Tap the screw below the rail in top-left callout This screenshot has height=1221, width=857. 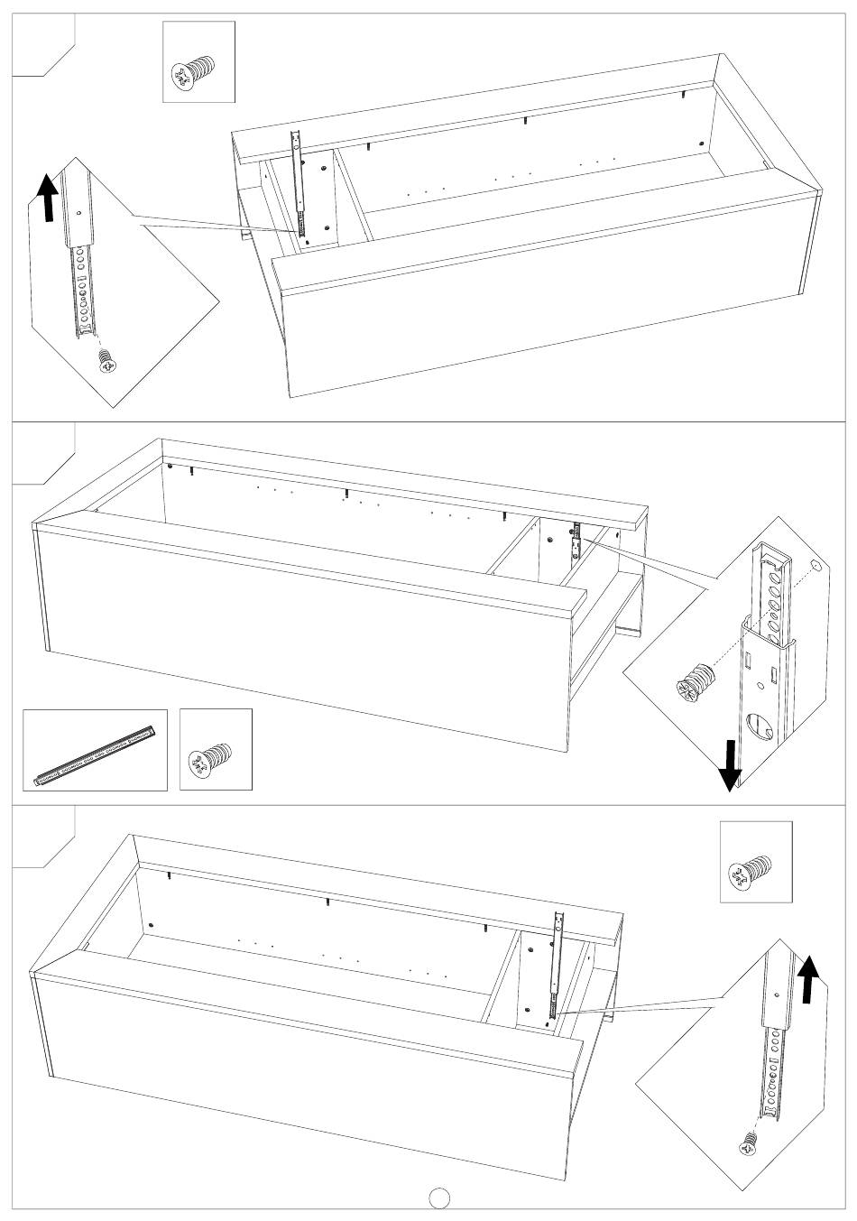[107, 360]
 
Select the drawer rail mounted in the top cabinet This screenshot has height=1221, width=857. [300, 186]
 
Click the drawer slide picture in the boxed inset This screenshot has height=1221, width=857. [95, 750]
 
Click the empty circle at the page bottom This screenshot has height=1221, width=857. [438, 1197]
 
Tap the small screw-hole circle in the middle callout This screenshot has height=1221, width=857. [815, 565]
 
